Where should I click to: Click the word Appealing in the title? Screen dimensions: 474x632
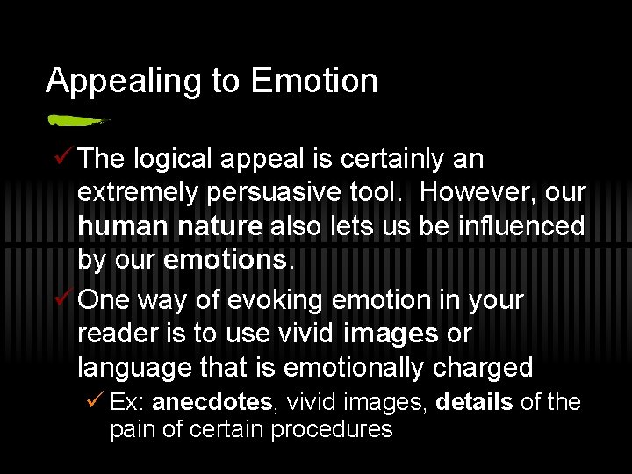tap(125, 82)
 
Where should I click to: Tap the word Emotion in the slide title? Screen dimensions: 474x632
tap(314, 82)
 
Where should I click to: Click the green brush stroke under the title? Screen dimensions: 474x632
tap(77, 119)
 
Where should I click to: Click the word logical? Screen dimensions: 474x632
tap(173, 160)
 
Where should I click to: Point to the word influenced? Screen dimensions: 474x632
tap(521, 226)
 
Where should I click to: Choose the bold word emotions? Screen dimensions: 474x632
tap(225, 261)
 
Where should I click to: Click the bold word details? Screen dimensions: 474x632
tap(474, 403)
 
